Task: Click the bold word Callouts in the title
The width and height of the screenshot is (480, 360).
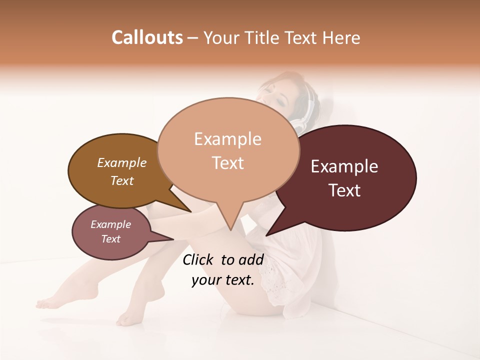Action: pos(147,37)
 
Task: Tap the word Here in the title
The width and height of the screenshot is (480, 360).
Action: pos(341,38)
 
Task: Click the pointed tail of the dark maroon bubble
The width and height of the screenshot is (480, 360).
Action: pos(267,234)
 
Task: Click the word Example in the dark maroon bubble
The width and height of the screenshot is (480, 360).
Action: pos(344,166)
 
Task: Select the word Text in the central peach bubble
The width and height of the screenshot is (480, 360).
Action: pos(228,163)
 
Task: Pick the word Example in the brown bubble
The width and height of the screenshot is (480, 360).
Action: pos(121,162)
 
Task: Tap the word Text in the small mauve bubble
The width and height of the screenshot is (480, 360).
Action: pos(111,239)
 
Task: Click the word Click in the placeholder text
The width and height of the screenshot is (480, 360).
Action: pos(199,259)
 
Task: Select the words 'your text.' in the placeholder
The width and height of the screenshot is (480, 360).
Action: pos(223,280)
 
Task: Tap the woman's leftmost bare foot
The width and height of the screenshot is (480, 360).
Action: pos(47,302)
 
